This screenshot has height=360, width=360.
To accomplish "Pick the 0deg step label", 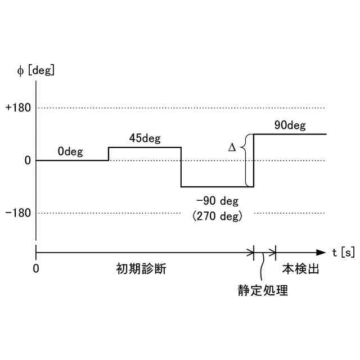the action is [70, 151].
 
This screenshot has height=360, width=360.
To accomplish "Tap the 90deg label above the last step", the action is [290, 125].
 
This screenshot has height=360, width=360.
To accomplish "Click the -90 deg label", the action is [218, 201].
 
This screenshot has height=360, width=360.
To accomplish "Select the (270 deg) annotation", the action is [218, 215].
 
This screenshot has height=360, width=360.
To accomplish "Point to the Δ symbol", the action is [232, 147].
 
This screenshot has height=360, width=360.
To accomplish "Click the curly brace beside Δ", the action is [244, 160].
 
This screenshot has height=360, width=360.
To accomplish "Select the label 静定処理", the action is [263, 291].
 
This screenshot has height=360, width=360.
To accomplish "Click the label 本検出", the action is [300, 269].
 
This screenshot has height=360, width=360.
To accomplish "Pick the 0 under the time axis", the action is [36, 269].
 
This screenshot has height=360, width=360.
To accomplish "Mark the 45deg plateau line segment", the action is [144, 147].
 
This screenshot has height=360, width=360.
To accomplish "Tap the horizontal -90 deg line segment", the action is [217, 187].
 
